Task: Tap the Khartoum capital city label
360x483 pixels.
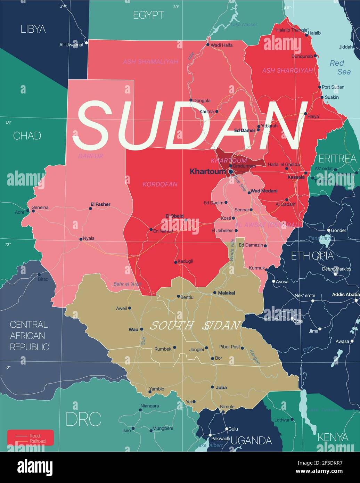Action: [x=207, y=171]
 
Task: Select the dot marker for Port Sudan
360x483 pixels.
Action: [x=320, y=87]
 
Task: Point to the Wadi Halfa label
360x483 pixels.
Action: [x=222, y=45]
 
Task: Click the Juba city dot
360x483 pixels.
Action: [x=212, y=387]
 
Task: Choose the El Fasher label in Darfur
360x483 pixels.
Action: [x=100, y=204]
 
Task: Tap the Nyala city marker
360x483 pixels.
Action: [x=81, y=239]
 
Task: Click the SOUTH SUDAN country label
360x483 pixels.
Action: [x=195, y=326]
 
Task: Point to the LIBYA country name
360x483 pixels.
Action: [x=33, y=29]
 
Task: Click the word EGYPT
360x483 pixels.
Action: [x=148, y=15]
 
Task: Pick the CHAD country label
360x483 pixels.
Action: [x=27, y=136]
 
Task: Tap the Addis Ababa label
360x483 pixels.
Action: [x=345, y=294]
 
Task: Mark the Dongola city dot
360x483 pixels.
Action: [x=191, y=100]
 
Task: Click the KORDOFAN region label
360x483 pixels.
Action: [x=160, y=184]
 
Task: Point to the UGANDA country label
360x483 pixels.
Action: [x=251, y=441]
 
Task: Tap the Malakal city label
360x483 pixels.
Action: [x=226, y=293]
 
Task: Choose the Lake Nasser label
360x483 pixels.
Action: [x=244, y=25]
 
